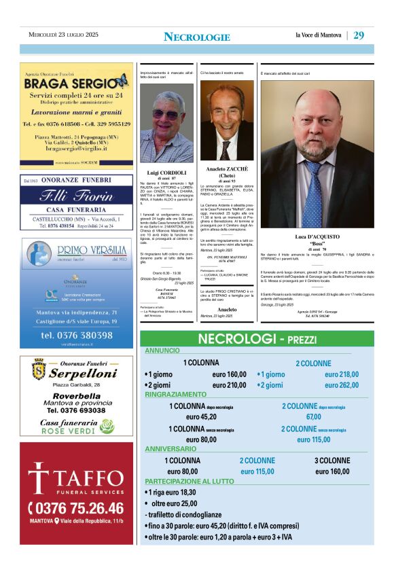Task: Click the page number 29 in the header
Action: coord(359,35)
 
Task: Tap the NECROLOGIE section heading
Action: coord(197,37)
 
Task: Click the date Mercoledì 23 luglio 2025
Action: coord(63,35)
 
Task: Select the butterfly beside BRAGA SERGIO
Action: coord(121,82)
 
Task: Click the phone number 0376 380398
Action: coord(77,335)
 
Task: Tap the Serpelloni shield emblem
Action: coord(39,370)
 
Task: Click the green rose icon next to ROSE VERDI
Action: coord(107,426)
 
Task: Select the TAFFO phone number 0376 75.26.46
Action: coord(76,508)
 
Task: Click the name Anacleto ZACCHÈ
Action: coord(227,168)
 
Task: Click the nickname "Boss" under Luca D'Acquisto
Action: coord(317,243)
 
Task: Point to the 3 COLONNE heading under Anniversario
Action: coord(332,461)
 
